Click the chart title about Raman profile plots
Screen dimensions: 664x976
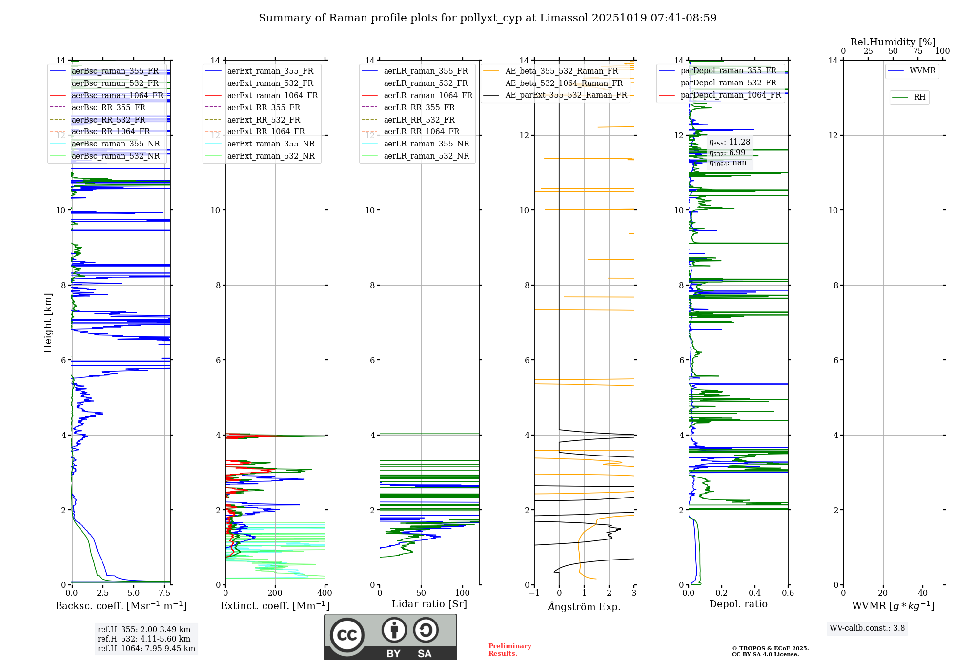(488, 18)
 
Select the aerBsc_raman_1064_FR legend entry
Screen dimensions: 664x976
(117, 95)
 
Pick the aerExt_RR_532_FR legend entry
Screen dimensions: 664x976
(264, 120)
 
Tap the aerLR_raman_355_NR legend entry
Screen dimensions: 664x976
(426, 144)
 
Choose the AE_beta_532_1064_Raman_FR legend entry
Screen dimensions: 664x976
(564, 83)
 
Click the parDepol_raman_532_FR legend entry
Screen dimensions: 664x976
(728, 83)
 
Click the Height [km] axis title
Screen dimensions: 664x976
(48, 322)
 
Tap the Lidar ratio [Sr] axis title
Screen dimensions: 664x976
(429, 604)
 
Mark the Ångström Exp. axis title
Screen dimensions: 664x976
(584, 606)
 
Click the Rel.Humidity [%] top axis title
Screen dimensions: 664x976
(893, 42)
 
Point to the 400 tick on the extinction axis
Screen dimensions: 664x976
(325, 593)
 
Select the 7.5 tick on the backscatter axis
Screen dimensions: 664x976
(164, 593)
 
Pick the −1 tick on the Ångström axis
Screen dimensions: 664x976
(534, 593)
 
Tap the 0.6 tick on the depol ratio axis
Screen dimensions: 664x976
(788, 593)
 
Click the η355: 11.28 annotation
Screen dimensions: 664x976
(730, 142)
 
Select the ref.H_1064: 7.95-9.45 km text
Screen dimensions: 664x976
(146, 648)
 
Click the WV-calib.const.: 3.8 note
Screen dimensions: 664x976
(867, 628)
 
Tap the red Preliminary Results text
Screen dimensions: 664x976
(509, 650)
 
